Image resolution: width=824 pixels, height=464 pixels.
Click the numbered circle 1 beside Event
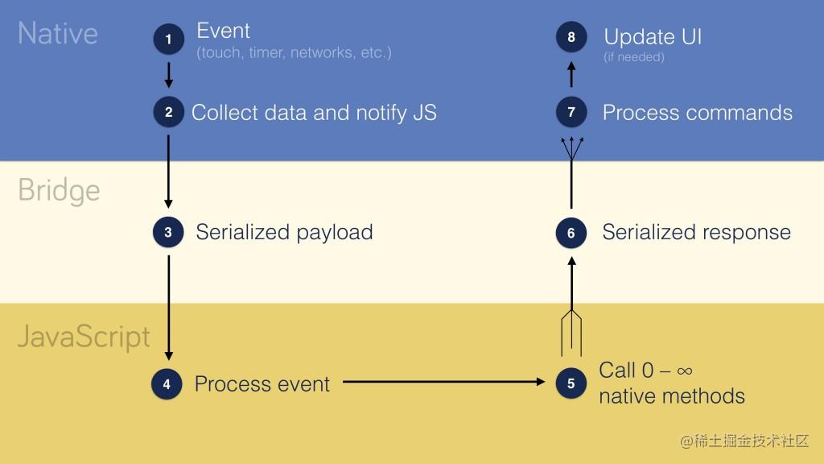[168, 39]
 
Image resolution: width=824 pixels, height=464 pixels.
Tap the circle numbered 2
[168, 113]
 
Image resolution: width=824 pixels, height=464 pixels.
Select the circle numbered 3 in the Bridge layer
[168, 233]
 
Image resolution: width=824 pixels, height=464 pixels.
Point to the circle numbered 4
[167, 384]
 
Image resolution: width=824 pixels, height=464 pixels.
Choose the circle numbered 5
[571, 384]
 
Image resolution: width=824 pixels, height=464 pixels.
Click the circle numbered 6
[571, 234]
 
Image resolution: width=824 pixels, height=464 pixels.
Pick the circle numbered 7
[571, 113]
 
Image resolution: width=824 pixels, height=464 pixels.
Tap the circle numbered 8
[571, 37]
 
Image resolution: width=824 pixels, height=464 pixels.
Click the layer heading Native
[57, 34]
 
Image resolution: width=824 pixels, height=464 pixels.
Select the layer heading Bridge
[59, 191]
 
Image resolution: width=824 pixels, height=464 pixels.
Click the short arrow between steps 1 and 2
[168, 75]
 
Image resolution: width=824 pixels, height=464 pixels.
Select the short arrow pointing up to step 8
[571, 74]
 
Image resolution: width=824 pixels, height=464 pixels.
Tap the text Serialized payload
[284, 233]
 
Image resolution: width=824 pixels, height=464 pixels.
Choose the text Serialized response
[696, 233]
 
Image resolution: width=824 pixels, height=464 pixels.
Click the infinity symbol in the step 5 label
[684, 371]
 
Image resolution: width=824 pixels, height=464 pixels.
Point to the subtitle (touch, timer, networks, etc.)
[294, 54]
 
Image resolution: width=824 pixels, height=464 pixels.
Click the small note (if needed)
[633, 57]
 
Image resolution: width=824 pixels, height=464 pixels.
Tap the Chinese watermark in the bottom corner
[744, 441]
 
